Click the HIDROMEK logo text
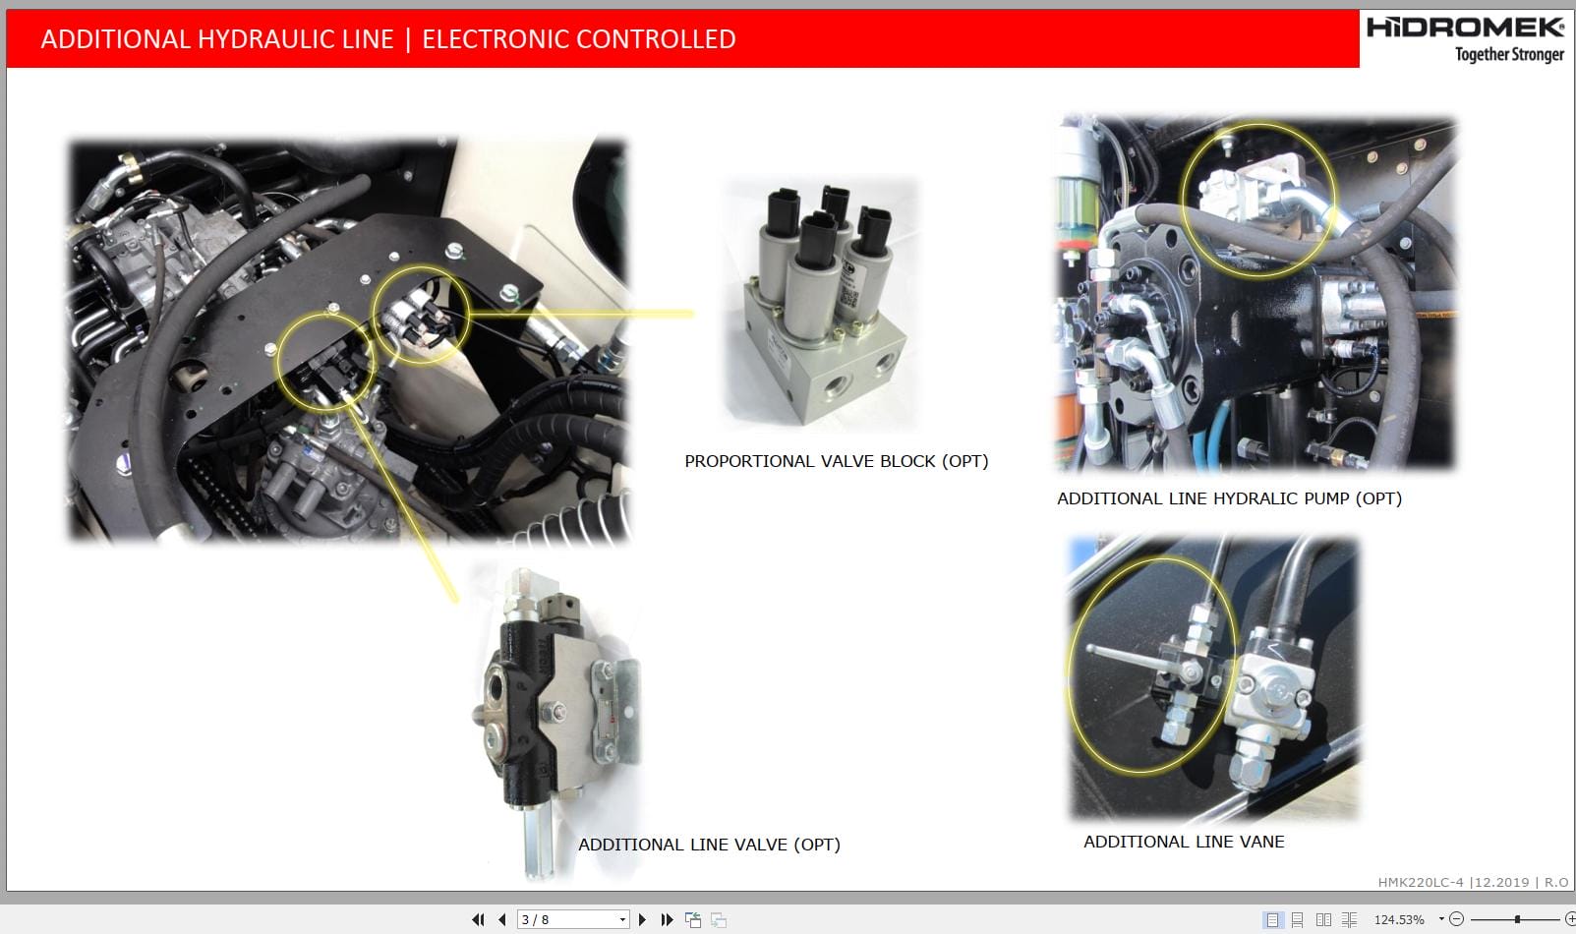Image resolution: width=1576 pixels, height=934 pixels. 1464,27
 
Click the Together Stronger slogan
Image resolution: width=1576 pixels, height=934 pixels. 1509,54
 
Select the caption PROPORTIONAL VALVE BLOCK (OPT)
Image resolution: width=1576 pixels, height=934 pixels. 836,461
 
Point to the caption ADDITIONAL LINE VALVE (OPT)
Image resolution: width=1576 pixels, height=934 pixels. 709,845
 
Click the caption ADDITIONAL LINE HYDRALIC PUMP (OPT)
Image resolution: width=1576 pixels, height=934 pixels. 1229,498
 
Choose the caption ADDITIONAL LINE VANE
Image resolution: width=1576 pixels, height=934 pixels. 1184,842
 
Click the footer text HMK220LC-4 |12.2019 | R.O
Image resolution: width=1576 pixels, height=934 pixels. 1473,882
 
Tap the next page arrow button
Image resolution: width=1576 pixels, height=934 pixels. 642,919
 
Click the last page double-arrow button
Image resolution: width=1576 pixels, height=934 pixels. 667,919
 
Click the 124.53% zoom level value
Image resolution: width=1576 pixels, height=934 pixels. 1398,919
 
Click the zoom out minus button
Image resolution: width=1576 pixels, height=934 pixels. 1457,919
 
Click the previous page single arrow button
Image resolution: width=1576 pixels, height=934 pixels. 502,919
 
